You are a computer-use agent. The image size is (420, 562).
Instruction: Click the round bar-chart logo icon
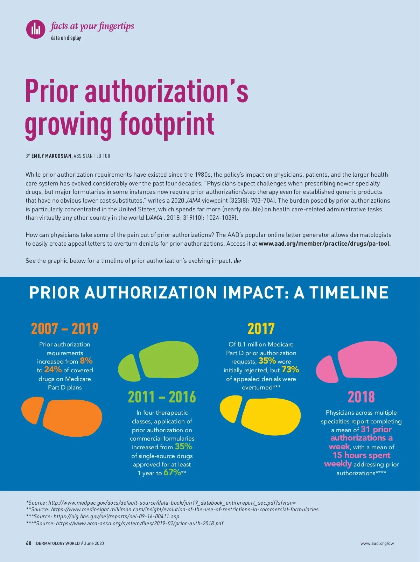36,29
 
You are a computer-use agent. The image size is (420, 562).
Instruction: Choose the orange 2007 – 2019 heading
65,329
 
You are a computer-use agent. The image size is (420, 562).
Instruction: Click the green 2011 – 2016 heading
162,397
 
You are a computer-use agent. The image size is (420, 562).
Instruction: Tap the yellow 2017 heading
261,329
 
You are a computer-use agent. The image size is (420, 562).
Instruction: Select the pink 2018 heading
361,397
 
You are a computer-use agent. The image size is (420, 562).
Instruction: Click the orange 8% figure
86,361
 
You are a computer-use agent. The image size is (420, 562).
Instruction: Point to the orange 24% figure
53,370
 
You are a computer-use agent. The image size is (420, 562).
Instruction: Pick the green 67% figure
172,472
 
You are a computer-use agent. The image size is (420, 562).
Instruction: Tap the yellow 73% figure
290,370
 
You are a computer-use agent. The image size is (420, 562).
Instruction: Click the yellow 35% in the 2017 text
267,361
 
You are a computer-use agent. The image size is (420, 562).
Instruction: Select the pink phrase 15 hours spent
361,455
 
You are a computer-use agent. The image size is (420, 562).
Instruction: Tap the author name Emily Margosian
52,156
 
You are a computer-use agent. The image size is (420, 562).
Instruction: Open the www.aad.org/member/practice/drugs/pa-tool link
324,244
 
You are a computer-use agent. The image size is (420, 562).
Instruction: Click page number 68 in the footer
29,543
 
